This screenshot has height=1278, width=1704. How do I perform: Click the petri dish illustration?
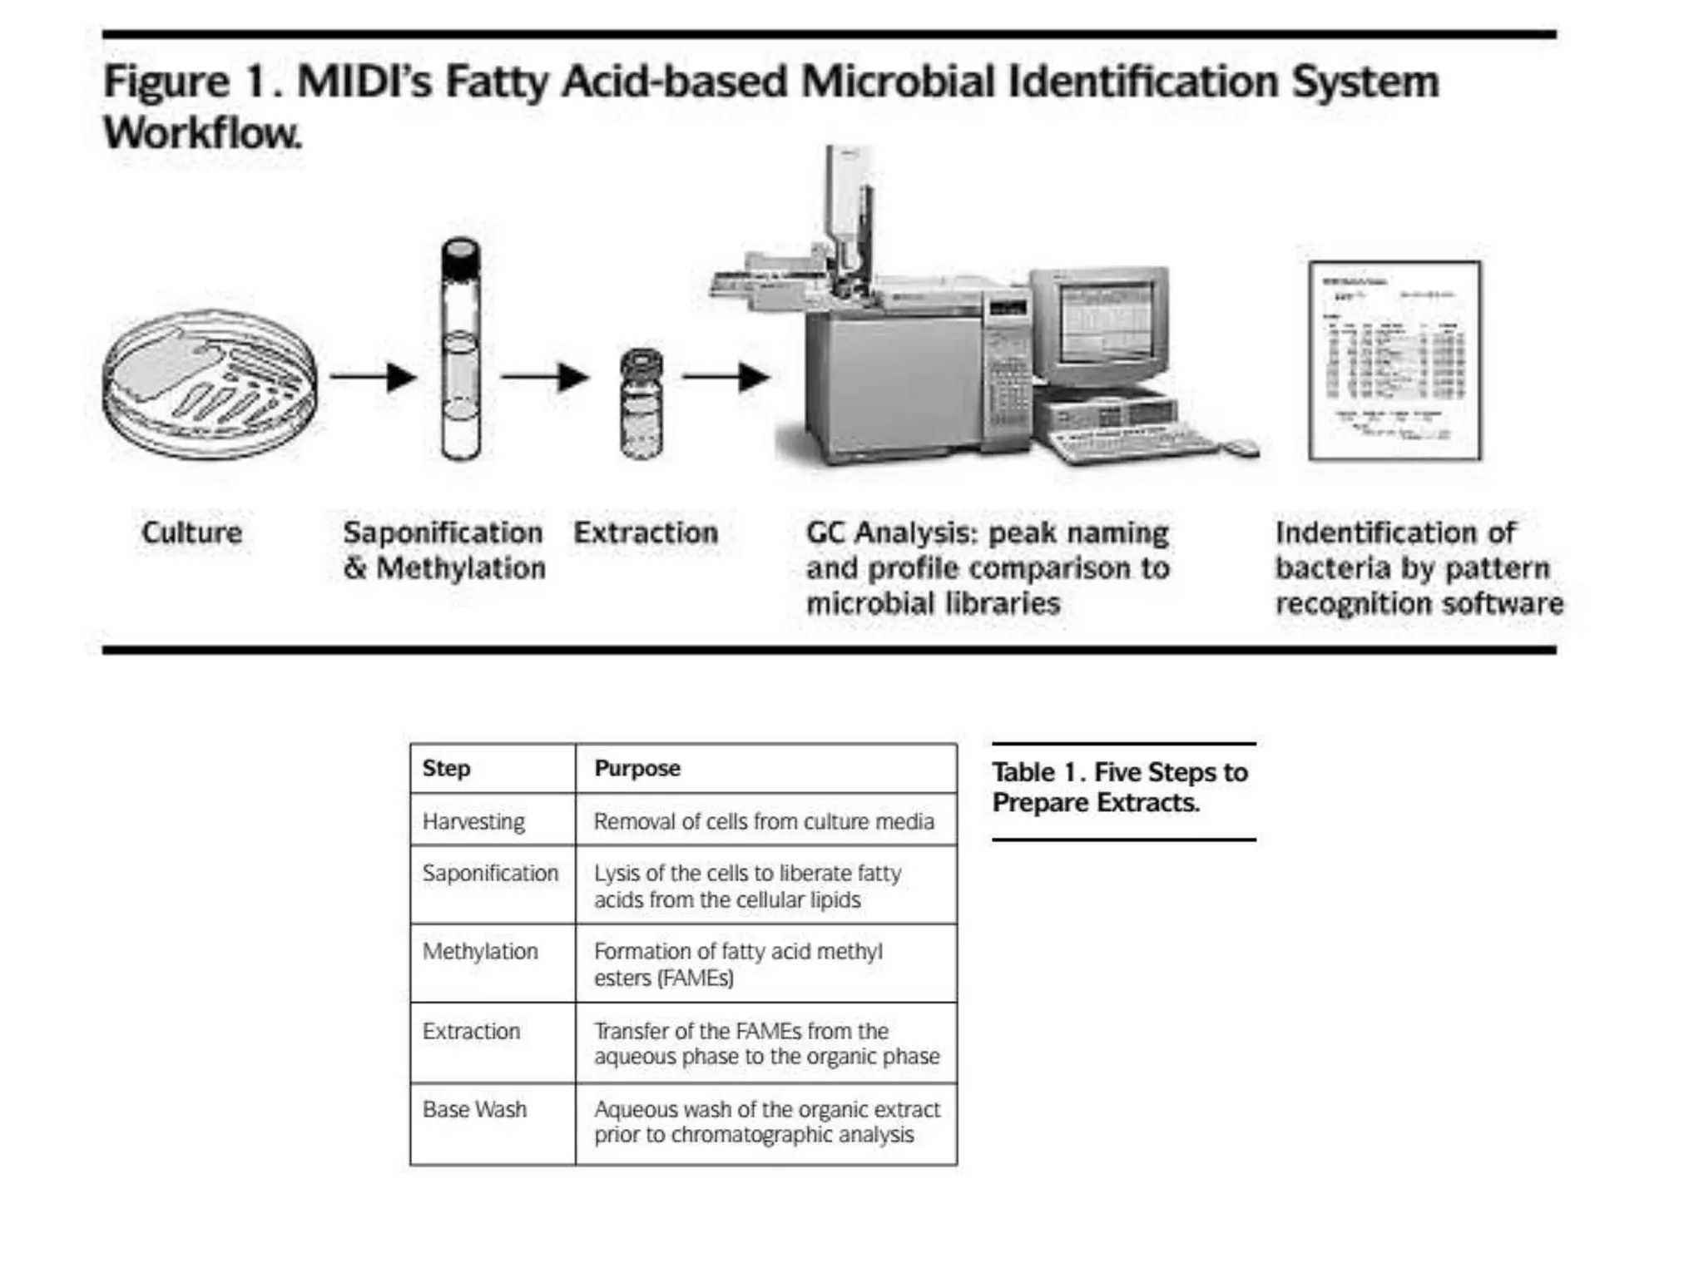[x=210, y=384]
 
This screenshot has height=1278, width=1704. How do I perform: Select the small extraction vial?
[x=642, y=404]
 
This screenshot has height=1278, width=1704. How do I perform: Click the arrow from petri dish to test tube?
[x=374, y=377]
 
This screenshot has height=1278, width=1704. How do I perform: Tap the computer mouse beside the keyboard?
[x=1241, y=447]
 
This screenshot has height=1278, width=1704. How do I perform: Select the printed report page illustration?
[x=1394, y=360]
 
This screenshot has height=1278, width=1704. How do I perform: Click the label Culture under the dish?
[x=192, y=532]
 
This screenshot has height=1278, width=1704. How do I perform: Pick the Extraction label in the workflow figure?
[x=646, y=532]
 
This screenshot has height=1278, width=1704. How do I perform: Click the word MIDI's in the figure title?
[x=364, y=82]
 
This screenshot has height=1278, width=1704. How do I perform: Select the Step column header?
[x=446, y=768]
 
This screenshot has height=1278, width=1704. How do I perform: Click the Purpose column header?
[x=637, y=768]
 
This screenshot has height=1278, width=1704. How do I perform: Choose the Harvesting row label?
[x=473, y=821]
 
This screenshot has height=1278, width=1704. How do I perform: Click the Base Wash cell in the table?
[x=474, y=1109]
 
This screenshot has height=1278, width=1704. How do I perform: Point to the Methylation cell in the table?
[x=480, y=951]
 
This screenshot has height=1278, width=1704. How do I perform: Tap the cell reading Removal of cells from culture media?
[x=764, y=821]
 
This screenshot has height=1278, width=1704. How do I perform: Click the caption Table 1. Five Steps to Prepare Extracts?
[x=1119, y=787]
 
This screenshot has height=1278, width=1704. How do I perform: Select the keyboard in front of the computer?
[x=1132, y=444]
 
